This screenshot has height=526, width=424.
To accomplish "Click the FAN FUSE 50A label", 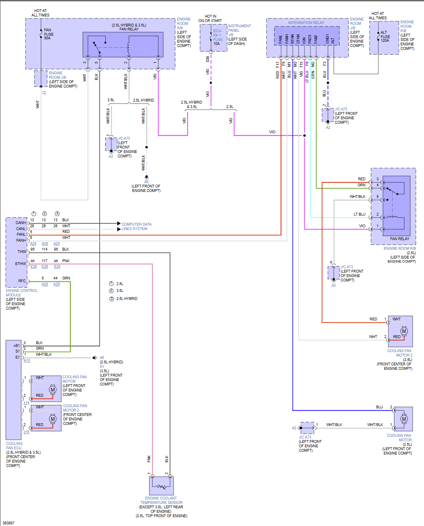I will [48, 34].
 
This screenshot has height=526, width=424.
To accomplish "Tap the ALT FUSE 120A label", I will [385, 37].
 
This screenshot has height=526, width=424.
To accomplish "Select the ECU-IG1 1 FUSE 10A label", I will [217, 37].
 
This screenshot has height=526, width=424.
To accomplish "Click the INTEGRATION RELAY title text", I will [306, 23].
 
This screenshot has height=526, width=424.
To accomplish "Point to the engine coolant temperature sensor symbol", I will [161, 486].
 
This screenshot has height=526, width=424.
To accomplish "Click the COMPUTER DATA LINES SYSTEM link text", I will [136, 226].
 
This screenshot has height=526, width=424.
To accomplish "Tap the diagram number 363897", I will [8, 523].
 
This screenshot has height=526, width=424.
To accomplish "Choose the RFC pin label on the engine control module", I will [22, 281].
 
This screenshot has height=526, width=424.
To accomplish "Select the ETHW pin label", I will [20, 264].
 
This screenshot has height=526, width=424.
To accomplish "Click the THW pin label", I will [22, 252].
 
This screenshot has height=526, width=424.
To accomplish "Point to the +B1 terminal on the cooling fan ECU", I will [16, 346].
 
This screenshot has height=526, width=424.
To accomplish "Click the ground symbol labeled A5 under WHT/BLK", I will [146, 177].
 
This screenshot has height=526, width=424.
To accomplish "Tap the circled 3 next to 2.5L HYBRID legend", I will [112, 299].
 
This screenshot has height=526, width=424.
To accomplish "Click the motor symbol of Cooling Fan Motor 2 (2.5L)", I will [404, 331].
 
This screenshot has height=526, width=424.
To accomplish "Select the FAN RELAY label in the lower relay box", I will [399, 239].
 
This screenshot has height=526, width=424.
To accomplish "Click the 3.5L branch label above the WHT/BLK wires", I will [111, 100].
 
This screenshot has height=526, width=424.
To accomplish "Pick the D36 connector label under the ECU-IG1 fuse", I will [208, 59].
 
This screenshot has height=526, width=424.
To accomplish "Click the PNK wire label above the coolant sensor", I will [149, 459].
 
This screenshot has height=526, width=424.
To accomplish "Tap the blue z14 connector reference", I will [27, 403].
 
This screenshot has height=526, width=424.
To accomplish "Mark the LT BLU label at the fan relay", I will [359, 214].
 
